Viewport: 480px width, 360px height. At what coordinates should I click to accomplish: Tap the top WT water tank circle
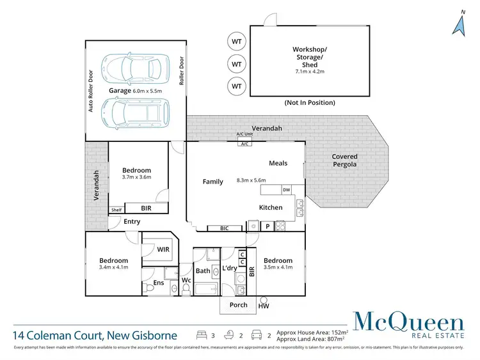coord(237,42)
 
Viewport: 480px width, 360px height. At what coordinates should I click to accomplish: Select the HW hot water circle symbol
coord(264,299)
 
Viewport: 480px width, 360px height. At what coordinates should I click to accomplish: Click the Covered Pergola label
coord(344,160)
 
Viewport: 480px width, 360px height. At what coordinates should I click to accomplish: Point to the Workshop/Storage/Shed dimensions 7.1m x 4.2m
coord(309,72)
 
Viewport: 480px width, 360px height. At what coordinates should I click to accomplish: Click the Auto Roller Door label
coord(91,91)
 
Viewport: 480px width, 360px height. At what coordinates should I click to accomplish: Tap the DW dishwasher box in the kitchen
coord(286,190)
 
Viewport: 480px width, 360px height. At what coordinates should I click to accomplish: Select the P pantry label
coord(268,226)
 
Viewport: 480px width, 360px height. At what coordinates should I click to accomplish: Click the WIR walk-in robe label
coord(163,249)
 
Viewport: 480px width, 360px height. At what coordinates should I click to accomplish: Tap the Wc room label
coord(186,280)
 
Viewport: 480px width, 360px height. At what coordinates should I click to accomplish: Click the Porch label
coord(239,305)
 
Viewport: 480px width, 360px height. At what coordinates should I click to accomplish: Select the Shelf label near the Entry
coord(116,210)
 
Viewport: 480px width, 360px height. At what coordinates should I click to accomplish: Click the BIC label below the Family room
coord(224,228)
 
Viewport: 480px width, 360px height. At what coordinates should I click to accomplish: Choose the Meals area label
coord(280,163)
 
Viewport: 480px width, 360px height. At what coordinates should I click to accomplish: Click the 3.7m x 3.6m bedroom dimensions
coord(136,177)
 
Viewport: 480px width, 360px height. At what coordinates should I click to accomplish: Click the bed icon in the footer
coord(201,334)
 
